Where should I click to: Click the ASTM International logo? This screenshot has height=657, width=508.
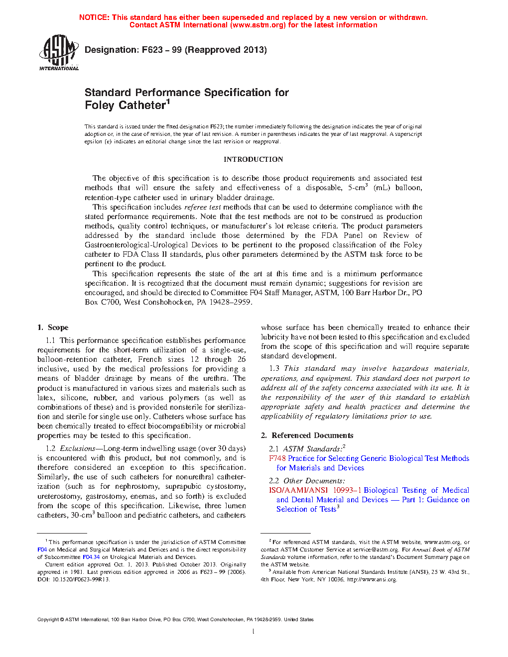[59, 52]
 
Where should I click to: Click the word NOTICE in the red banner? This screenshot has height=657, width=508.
[94, 17]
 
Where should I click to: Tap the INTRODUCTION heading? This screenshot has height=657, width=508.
[253, 159]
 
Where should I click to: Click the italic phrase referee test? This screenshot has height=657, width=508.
[202, 207]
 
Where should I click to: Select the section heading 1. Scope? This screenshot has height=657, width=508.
[53, 328]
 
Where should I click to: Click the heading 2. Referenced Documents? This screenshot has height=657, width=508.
[307, 436]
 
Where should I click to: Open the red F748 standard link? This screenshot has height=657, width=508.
[277, 458]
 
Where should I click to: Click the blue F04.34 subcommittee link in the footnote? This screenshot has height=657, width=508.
[91, 557]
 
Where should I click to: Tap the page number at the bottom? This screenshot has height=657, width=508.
[254, 632]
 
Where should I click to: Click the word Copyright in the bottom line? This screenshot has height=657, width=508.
[48, 620]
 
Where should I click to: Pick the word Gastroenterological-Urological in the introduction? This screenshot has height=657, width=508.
[151, 245]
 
